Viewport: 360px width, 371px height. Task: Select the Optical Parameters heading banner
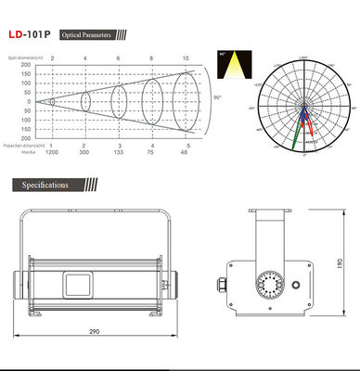point(85,35)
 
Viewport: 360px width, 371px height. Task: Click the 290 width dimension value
point(96,331)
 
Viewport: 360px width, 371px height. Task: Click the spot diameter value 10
point(186,58)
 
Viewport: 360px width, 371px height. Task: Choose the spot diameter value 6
point(118,58)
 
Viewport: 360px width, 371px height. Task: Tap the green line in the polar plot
point(298,133)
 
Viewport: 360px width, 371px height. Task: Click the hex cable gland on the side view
point(226,281)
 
